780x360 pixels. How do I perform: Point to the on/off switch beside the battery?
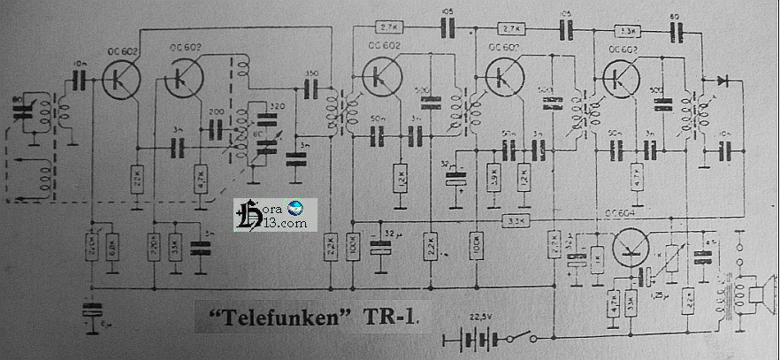(529, 336)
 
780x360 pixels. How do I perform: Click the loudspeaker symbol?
(759, 292)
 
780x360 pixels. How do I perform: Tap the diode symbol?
(723, 80)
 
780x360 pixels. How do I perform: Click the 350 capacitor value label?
(311, 73)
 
